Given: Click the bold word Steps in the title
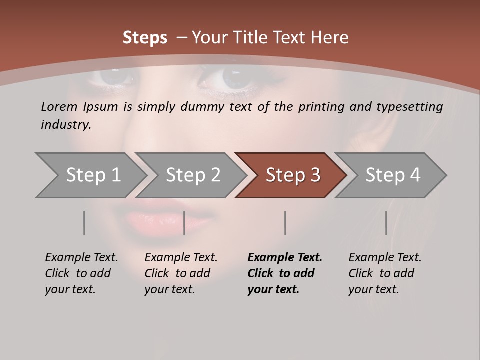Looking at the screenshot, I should point(145,38).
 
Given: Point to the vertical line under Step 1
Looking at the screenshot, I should point(84,223).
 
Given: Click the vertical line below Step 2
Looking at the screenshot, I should point(184,223).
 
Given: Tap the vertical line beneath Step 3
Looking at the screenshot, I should point(285,223).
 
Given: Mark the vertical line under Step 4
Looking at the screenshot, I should point(386,223).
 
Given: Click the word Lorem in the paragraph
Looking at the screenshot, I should point(59,107).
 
